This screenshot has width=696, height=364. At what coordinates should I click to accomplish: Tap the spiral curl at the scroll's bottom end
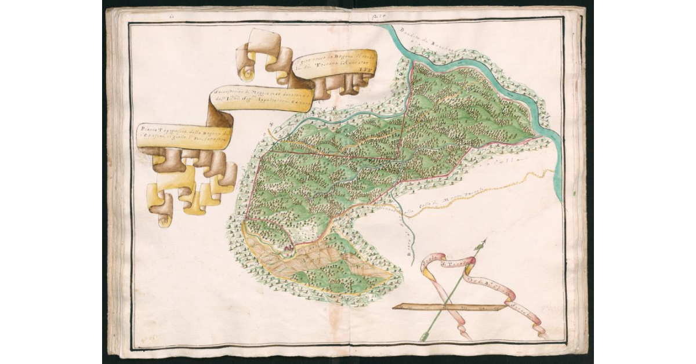point(164,219)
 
